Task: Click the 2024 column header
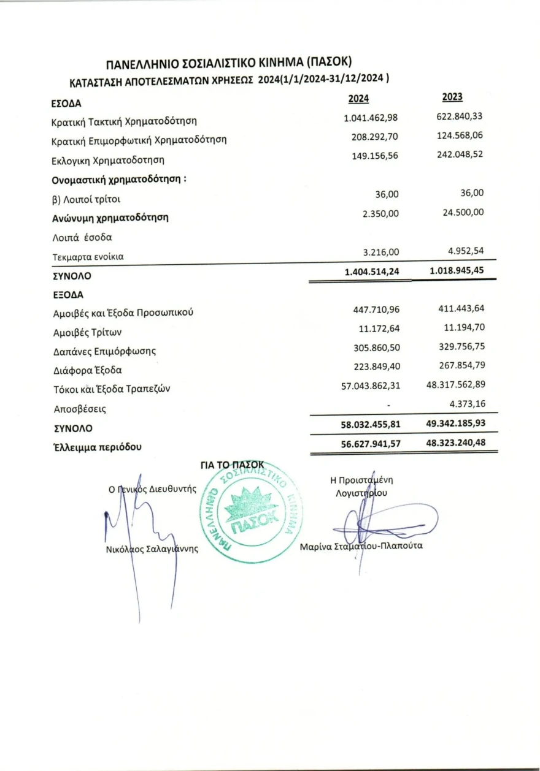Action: (x=358, y=99)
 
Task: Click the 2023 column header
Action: (x=452, y=97)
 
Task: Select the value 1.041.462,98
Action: (x=371, y=118)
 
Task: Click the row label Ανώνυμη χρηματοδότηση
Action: (x=110, y=217)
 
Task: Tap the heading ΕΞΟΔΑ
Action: (x=64, y=294)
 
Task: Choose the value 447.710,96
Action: (x=376, y=311)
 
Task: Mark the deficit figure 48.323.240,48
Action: (x=456, y=441)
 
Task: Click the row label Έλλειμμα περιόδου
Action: (x=98, y=447)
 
